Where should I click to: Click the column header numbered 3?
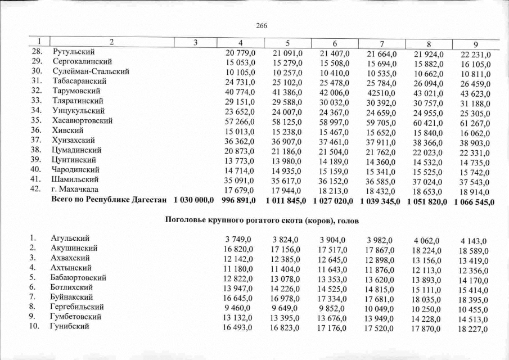coord(195,42)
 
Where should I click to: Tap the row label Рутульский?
coord(72,52)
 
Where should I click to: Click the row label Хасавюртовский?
coord(83,120)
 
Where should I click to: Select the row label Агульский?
coord(70,238)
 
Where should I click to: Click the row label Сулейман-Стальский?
coord(91,71)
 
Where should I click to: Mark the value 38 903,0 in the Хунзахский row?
coord(476,143)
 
